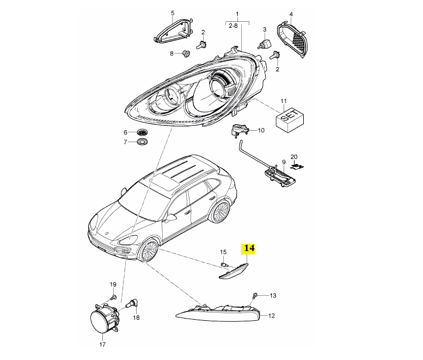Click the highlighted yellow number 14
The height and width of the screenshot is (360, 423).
point(248,248)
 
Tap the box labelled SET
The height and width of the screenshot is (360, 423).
point(290,120)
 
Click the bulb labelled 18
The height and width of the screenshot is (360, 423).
point(133,303)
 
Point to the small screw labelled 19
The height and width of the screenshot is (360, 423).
point(113,297)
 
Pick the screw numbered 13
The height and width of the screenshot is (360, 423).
point(255,296)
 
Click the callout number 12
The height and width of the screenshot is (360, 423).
point(272,315)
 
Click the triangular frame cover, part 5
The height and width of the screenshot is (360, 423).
point(174,32)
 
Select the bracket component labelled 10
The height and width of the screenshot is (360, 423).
point(238,131)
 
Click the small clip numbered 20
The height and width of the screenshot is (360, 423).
point(298,166)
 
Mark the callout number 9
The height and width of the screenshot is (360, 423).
point(284,162)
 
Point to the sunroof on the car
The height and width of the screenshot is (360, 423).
point(164,181)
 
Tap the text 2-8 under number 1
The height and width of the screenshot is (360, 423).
point(234,26)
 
